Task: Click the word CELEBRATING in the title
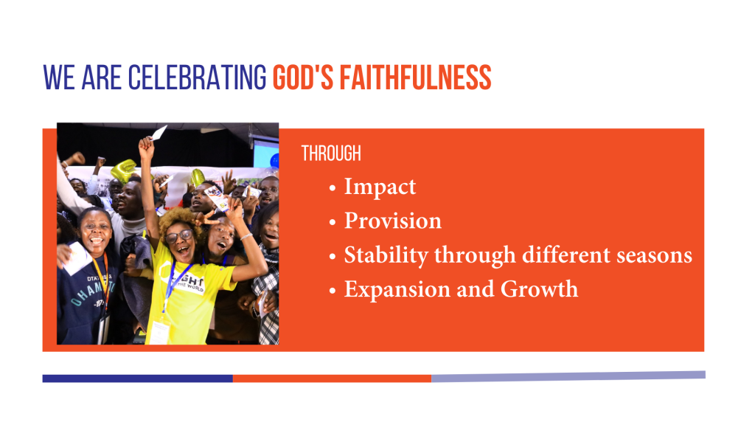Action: [197, 77]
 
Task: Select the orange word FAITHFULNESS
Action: [415, 77]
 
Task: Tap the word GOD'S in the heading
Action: [303, 77]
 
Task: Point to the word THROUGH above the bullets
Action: [331, 153]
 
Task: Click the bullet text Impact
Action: [380, 187]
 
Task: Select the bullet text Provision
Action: [392, 221]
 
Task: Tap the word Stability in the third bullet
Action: [386, 255]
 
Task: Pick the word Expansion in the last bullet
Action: [395, 290]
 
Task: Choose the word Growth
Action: [539, 289]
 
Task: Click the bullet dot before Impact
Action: [333, 188]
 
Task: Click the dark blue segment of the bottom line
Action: [138, 379]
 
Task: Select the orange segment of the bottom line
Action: [333, 379]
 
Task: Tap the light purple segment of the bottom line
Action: [568, 376]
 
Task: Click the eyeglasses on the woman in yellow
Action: [179, 236]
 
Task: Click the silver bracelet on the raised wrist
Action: [246, 237]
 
